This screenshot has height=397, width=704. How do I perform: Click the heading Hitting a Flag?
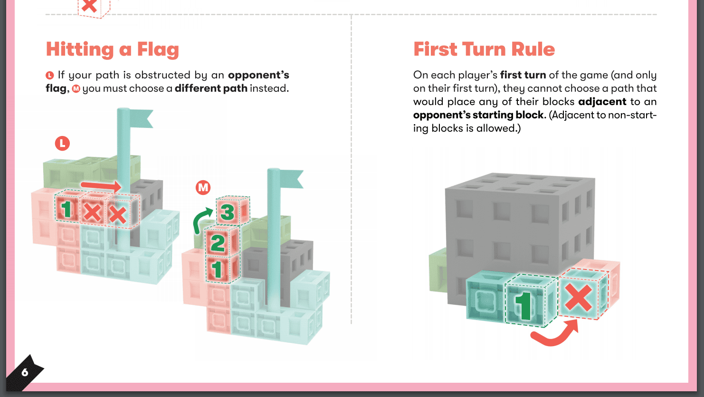coord(113,50)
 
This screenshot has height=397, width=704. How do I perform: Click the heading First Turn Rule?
coord(484,49)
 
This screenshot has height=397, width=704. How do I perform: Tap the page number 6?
coord(25,372)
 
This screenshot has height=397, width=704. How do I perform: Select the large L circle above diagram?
coord(62,144)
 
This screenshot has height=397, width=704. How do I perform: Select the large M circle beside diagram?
coord(203,187)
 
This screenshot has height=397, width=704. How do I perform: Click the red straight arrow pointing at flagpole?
coord(101,186)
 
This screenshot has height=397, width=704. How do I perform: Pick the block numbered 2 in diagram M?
coord(222,242)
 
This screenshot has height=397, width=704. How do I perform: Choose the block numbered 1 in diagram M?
coord(221,269)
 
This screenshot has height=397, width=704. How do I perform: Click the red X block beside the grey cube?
coord(583,294)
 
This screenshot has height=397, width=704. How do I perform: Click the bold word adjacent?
coord(602,102)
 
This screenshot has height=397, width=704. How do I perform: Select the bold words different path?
coord(211,88)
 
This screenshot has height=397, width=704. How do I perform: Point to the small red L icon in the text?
coord(50,76)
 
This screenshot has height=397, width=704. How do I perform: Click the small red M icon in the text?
coord(76,89)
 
